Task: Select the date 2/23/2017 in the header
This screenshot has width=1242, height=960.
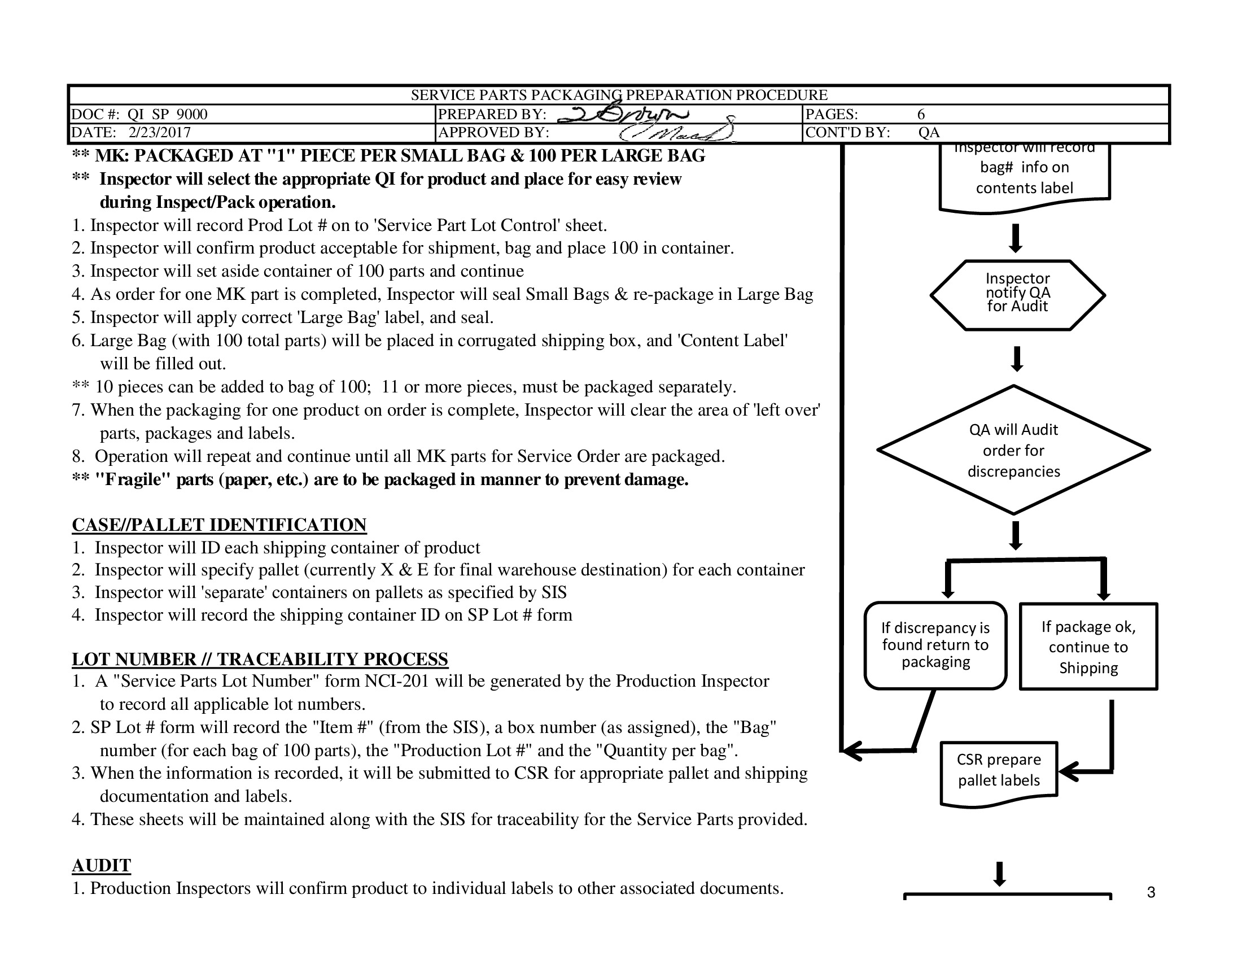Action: click(159, 133)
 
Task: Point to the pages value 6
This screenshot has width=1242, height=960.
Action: click(921, 114)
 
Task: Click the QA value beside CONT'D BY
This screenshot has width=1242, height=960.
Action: click(929, 133)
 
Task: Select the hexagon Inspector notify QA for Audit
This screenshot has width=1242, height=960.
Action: click(1017, 295)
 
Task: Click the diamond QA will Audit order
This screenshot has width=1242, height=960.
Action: click(1013, 450)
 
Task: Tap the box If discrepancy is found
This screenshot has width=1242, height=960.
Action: click(935, 645)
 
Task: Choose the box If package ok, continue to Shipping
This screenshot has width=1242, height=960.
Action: click(1088, 647)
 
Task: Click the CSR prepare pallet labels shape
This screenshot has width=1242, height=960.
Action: click(999, 771)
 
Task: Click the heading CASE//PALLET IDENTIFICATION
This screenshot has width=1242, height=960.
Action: click(219, 525)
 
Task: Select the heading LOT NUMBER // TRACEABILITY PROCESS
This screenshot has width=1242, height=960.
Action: click(260, 658)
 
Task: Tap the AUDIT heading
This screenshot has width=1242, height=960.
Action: click(101, 865)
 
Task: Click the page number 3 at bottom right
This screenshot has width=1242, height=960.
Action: click(1151, 892)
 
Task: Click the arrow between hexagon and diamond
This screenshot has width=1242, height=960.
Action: click(1017, 359)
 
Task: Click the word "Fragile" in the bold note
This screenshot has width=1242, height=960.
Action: click(133, 479)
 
